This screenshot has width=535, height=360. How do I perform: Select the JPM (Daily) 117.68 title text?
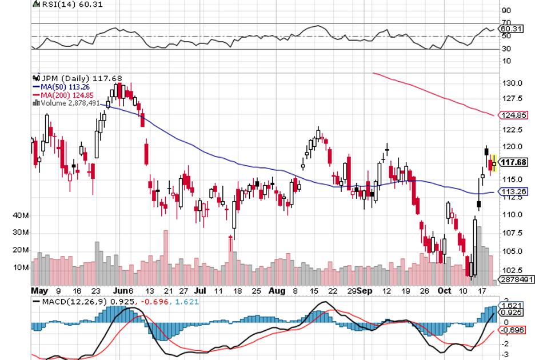65,79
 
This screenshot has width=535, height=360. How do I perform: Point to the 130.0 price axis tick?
512,83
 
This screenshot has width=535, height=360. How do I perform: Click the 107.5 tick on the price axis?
512,233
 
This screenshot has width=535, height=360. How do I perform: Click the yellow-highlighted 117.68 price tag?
514,162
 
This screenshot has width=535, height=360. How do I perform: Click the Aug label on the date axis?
276,290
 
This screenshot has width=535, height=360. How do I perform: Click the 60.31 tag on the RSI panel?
512,29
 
